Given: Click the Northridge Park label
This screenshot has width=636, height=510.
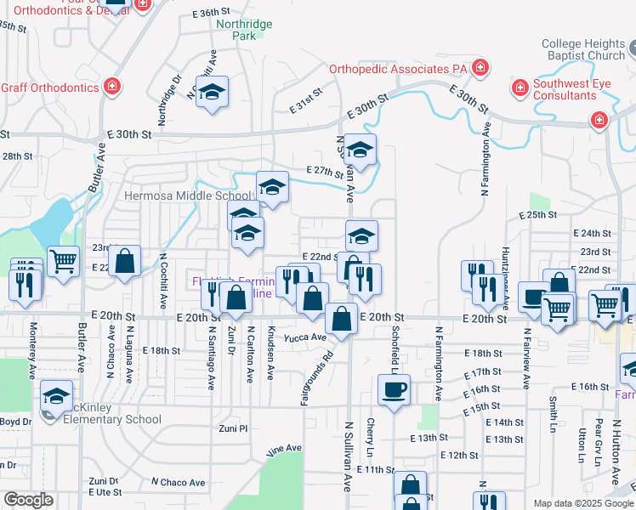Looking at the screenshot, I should click(x=244, y=31).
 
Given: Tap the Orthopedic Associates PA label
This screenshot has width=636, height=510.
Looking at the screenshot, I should click(x=399, y=68).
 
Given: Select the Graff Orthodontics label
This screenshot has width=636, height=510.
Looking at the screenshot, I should click(x=49, y=88).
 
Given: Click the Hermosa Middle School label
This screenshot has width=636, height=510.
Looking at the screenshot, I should click(x=188, y=195).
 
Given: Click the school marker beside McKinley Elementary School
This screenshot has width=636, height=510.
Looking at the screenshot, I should click(x=57, y=396).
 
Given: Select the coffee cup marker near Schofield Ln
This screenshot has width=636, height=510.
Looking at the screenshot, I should click(x=394, y=390).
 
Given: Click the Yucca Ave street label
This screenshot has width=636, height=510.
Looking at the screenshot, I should click(x=305, y=337).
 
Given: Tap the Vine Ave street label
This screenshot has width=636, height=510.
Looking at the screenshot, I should click(x=284, y=448).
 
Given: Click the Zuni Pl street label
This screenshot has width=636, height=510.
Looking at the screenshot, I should click(x=232, y=428).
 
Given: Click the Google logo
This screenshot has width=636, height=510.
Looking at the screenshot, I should click(x=28, y=500).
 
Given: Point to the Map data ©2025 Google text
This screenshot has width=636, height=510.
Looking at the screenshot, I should click(x=582, y=503).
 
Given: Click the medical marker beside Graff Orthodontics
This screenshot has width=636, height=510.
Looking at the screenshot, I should click(x=111, y=87).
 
